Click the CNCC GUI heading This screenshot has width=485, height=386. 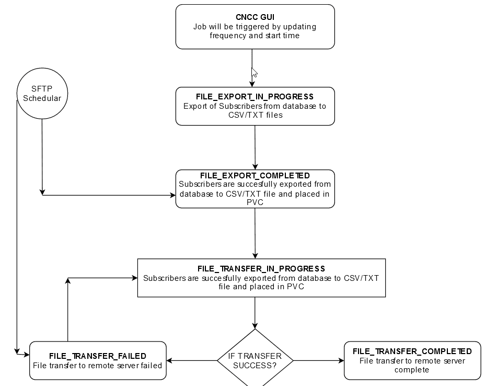(255, 17)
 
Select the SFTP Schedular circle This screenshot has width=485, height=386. (42, 94)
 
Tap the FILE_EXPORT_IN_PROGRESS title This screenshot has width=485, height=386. (255, 97)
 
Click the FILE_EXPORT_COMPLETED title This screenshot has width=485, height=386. (255, 176)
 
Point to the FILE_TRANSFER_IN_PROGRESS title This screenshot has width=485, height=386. (261, 269)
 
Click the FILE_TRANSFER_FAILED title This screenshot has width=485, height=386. (98, 356)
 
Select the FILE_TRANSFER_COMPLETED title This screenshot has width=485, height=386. (412, 351)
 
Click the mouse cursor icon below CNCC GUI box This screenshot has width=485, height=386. (254, 73)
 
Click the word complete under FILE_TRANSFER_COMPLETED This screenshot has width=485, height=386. (412, 370)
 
